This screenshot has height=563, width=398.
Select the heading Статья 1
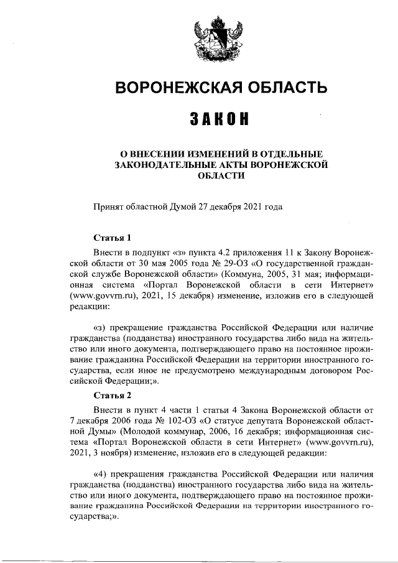112,237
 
